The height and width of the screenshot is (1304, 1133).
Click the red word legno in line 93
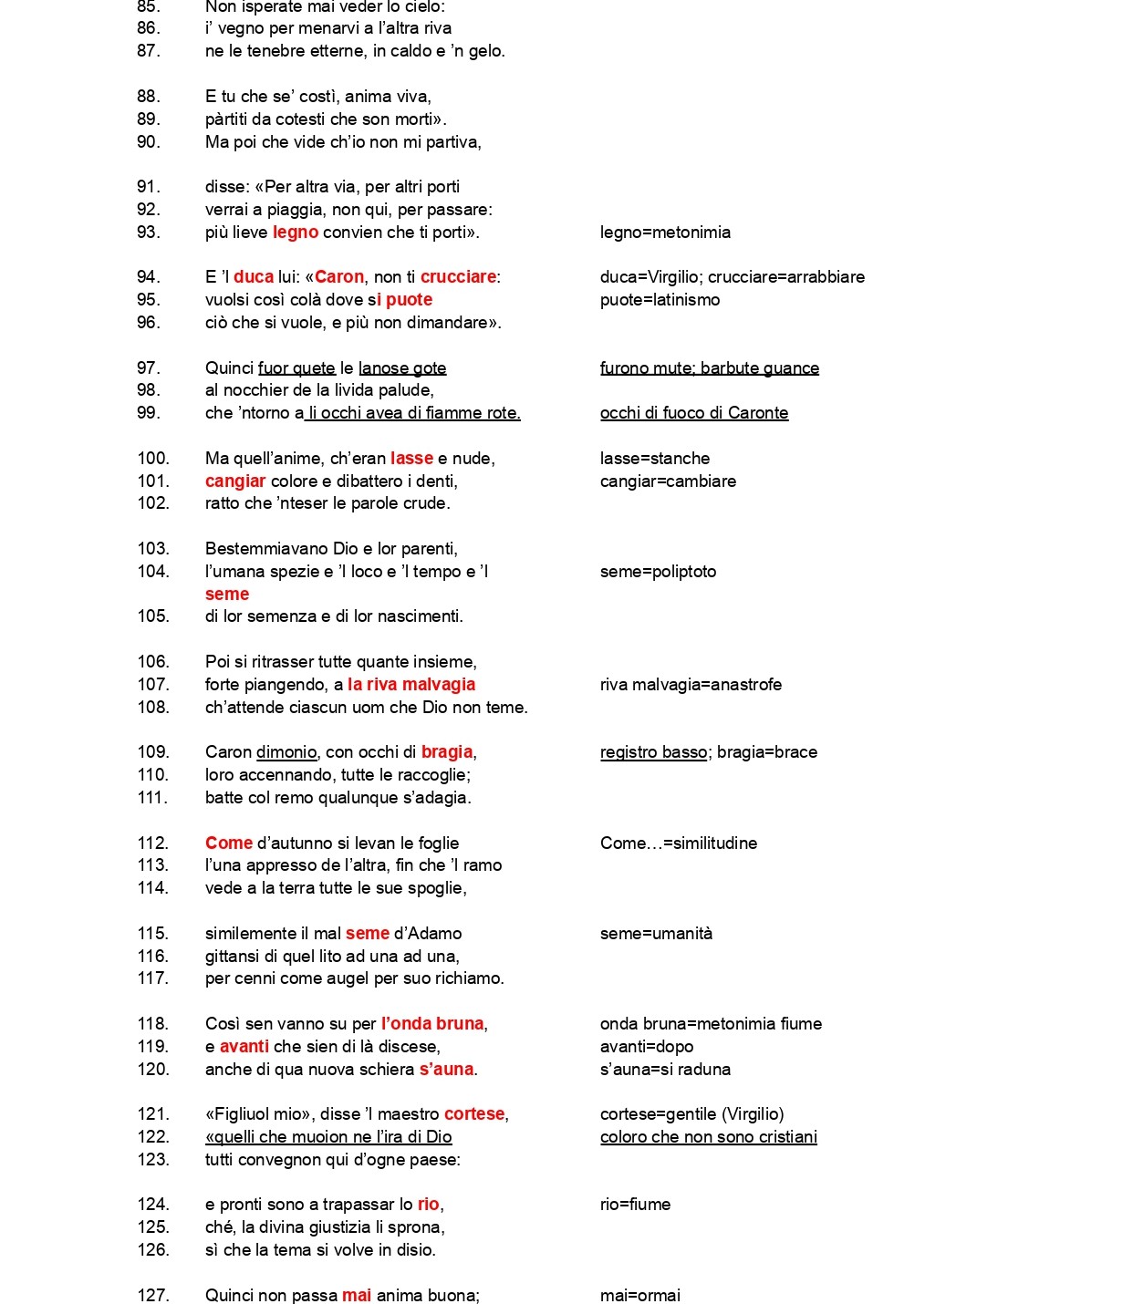(296, 233)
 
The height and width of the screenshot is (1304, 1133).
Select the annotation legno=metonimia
(665, 233)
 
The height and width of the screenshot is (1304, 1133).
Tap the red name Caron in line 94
(339, 277)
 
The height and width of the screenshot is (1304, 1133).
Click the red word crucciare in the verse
(458, 277)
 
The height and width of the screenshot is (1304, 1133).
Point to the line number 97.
(148, 368)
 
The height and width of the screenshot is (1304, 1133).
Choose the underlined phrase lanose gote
(402, 368)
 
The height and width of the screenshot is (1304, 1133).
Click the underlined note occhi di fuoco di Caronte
(694, 413)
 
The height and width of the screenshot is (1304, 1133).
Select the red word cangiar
(235, 481)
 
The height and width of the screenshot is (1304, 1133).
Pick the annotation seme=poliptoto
(658, 572)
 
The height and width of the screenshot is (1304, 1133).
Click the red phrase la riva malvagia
(411, 685)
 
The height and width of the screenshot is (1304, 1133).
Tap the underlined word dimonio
(286, 752)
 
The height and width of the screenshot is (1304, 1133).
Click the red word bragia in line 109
(447, 752)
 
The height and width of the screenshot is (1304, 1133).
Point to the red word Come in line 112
(229, 843)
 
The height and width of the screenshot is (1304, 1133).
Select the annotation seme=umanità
(656, 934)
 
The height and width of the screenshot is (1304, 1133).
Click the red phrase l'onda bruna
(432, 1024)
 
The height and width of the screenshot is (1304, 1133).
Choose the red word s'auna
(446, 1070)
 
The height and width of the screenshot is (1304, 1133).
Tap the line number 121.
(153, 1114)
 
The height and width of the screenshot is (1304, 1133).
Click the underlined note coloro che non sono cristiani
(709, 1137)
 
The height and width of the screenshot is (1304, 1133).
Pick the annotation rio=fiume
(635, 1205)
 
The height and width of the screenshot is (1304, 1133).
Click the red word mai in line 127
(357, 1296)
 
